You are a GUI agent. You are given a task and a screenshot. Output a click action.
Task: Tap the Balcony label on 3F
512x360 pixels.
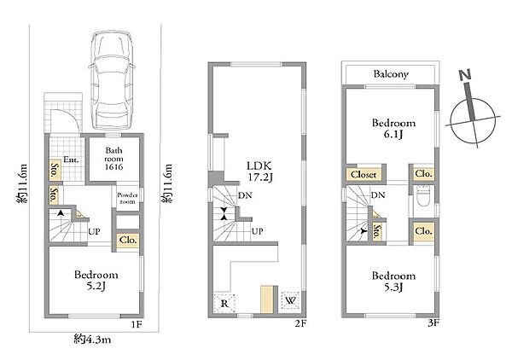coord(391,74)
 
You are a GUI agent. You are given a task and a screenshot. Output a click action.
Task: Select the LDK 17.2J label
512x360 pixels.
coord(259,171)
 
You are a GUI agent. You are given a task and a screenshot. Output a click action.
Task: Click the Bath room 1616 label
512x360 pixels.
coord(113,159)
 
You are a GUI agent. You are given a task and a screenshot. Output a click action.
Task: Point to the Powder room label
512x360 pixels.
coord(127,198)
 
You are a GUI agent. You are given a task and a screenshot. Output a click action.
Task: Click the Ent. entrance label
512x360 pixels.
coord(72,160)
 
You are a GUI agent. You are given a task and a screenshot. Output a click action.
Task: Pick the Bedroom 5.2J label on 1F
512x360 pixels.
coord(96,281)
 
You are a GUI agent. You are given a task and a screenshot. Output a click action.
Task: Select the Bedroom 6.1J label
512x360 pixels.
coord(393,129)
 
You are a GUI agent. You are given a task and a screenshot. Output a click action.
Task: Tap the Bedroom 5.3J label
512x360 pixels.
coord(393,282)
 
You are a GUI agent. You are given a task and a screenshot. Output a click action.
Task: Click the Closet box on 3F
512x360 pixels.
coord(364,175)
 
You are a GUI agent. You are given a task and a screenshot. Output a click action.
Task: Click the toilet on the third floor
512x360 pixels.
coord(423,196)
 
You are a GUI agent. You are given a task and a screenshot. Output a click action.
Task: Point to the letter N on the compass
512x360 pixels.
coord(465,75)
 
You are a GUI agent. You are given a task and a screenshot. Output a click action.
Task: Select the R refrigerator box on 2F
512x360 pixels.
coord(224,304)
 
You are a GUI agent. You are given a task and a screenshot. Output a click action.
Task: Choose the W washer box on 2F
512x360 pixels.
coord(290,300)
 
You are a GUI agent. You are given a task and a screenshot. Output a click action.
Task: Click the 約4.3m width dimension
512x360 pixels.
coord(92,340)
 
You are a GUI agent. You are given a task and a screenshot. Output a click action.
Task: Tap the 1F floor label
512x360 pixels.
coord(137,324)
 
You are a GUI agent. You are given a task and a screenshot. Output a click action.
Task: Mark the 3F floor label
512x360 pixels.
coord(433,323)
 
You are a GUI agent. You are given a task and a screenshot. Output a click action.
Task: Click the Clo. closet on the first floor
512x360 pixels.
coord(128,241)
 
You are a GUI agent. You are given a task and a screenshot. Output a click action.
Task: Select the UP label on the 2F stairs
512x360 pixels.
coord(258,231)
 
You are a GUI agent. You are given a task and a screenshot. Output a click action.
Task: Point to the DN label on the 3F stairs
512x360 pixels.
coord(378,195)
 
